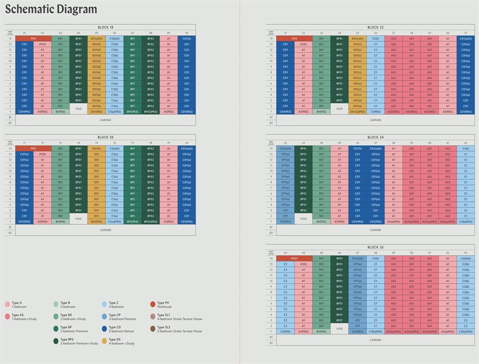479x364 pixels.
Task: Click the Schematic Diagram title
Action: (x=51, y=9)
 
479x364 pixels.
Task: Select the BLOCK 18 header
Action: (x=106, y=27)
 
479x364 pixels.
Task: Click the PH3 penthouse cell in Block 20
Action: (x=34, y=149)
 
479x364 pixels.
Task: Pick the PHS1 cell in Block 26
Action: (x=294, y=258)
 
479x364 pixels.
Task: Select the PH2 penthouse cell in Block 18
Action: (x=34, y=39)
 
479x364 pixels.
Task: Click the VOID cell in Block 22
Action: (x=339, y=109)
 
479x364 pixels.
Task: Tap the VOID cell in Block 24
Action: (x=303, y=219)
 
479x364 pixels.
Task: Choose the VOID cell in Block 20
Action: (x=78, y=219)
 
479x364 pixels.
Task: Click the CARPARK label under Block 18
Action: (x=106, y=120)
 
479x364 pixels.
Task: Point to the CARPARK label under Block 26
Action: (x=375, y=340)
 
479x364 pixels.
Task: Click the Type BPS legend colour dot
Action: (x=56, y=341)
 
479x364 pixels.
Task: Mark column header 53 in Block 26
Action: (x=465, y=253)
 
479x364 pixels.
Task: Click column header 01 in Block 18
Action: (x=24, y=33)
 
